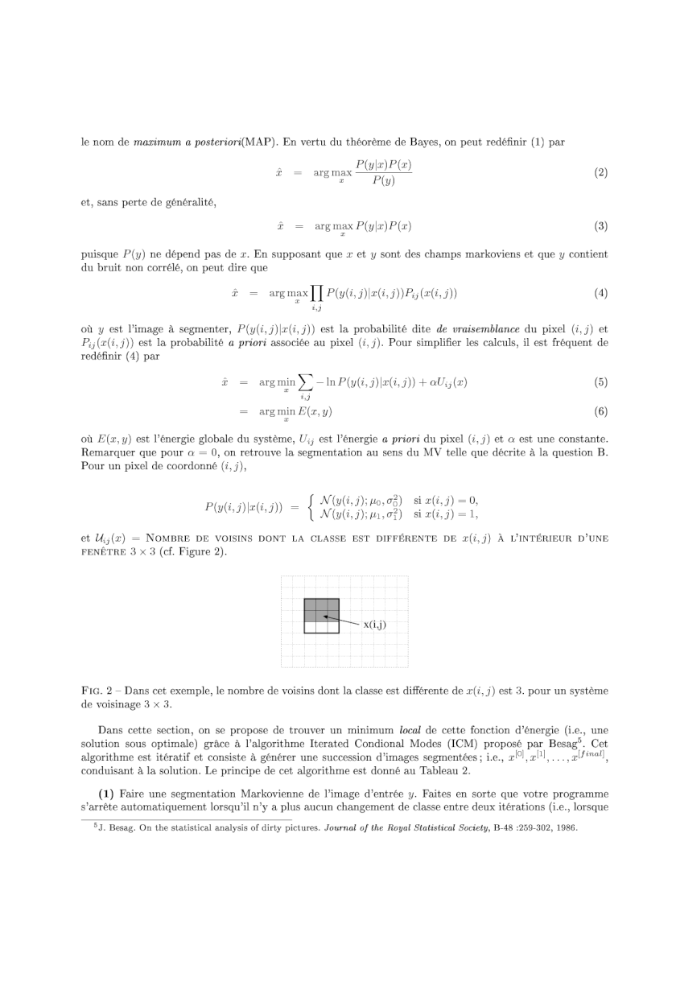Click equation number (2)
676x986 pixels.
pyautogui.click(x=600, y=173)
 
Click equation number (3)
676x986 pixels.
pyautogui.click(x=600, y=227)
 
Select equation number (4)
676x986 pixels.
pyautogui.click(x=600, y=293)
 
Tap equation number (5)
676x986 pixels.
pyautogui.click(x=600, y=382)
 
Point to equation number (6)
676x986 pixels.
pyautogui.click(x=600, y=411)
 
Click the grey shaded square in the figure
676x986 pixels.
pyautogui.click(x=321, y=609)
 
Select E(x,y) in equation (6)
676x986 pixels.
pyautogui.click(x=315, y=411)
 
